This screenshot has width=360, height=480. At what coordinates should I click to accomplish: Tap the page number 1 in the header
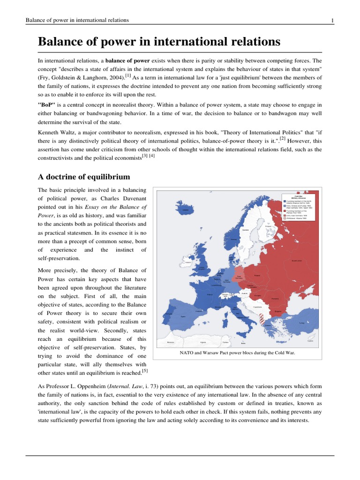pyautogui.click(x=332, y=20)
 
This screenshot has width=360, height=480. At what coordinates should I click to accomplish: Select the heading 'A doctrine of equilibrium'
pyautogui.click(x=83, y=177)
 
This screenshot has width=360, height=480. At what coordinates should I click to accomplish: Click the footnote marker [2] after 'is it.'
pyautogui.click(x=283, y=139)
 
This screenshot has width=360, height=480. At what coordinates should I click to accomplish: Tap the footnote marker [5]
pyautogui.click(x=145, y=371)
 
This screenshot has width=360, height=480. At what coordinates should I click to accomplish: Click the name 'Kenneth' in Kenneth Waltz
pyautogui.click(x=49, y=132)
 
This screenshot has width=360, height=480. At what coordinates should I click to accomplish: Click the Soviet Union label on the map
pyautogui.click(x=296, y=261)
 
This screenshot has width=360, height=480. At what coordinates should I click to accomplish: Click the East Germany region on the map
pyautogui.click(x=239, y=276)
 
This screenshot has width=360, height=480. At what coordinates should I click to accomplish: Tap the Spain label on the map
pyautogui.click(x=183, y=316)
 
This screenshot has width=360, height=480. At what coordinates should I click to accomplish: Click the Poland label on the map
pyautogui.click(x=256, y=276)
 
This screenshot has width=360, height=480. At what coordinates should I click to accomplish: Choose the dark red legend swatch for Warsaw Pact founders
pyautogui.click(x=283, y=211)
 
